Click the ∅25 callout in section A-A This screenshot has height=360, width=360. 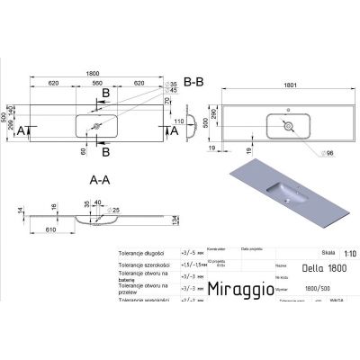click(116, 211)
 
